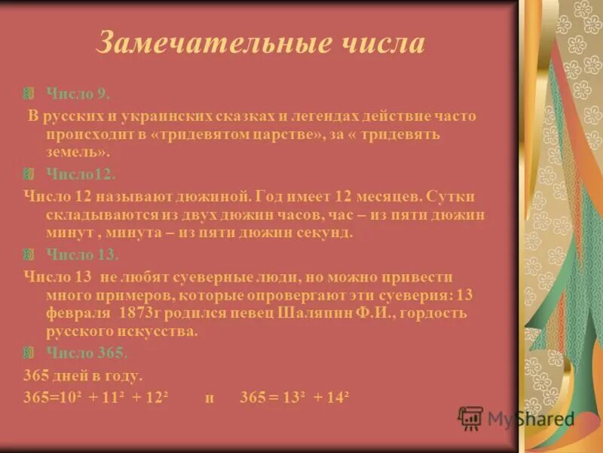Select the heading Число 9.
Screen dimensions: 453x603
tap(78, 94)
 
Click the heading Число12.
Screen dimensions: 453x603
tap(80, 174)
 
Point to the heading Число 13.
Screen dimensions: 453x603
tap(81, 254)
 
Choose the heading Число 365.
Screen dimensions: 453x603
tap(87, 352)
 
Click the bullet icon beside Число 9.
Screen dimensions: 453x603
tap(29, 94)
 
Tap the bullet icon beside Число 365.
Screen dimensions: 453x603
tap(29, 352)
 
